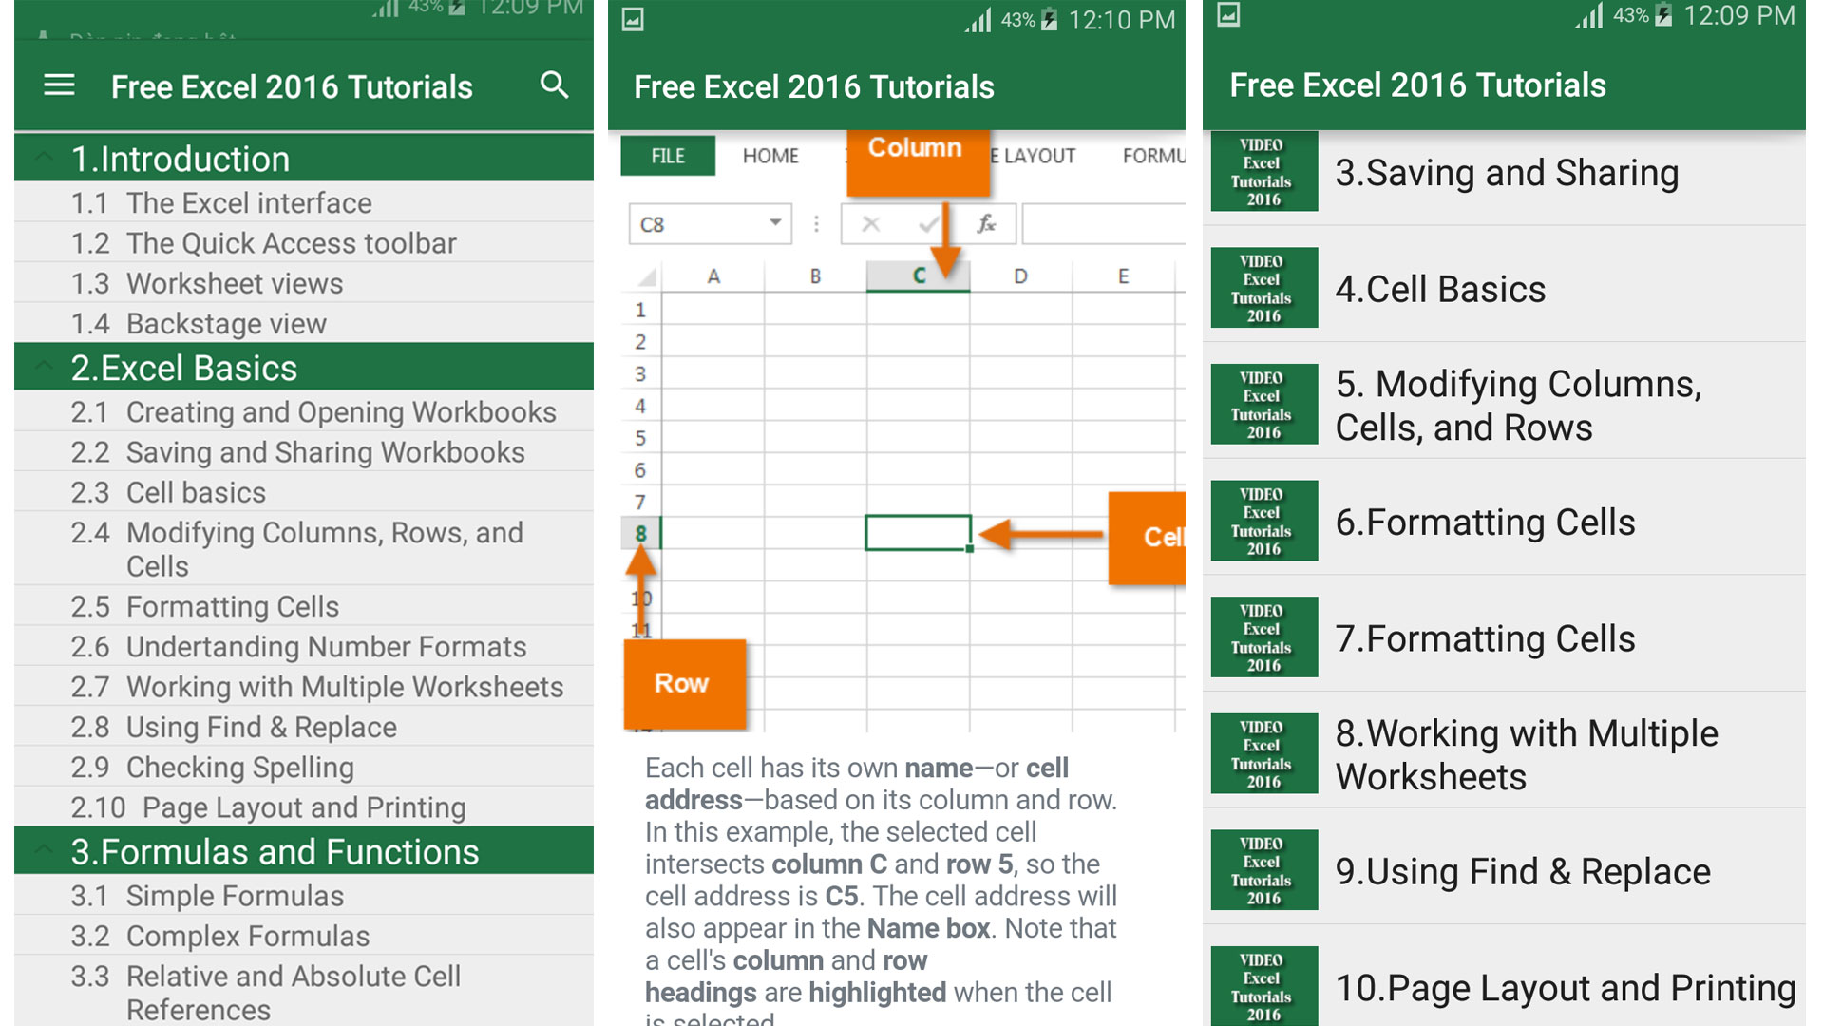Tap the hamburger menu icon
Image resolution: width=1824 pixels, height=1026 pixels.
(59, 85)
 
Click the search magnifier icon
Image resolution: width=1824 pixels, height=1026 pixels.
(554, 85)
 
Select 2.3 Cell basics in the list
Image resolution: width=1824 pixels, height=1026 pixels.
(196, 492)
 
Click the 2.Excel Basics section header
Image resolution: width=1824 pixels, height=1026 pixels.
(183, 368)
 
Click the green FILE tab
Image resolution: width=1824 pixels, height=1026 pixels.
(667, 156)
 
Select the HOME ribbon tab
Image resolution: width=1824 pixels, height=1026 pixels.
(770, 156)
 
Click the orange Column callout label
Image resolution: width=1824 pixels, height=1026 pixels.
(915, 149)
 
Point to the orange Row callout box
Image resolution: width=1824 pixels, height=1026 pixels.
(682, 683)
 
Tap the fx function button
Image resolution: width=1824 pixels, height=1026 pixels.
(986, 224)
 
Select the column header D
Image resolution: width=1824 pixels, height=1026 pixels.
(1020, 276)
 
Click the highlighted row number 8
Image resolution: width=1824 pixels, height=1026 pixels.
(640, 534)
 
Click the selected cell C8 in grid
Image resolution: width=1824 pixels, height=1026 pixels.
(917, 533)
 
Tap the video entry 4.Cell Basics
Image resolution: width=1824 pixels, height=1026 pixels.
(1440, 290)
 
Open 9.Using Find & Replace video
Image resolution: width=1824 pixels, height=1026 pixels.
(1522, 871)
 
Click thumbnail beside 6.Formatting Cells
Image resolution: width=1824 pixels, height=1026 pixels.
(1263, 521)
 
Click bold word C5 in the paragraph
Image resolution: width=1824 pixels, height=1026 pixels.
(841, 896)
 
